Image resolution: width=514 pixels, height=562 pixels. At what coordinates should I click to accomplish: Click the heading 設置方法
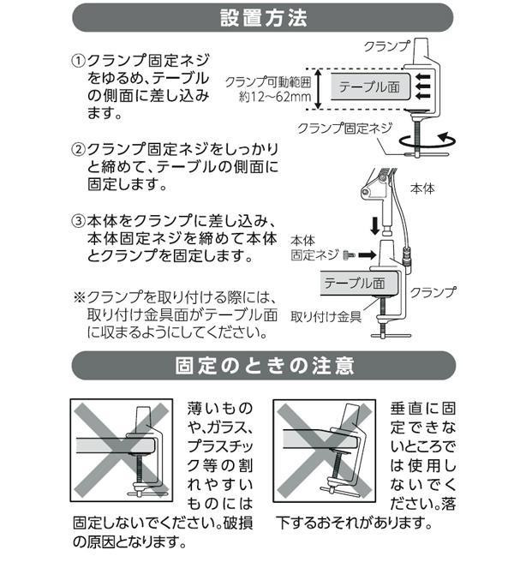[x=264, y=18]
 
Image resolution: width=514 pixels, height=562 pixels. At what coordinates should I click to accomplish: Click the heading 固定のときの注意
[x=265, y=365]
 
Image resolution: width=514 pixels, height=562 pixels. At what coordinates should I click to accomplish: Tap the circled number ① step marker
[x=78, y=60]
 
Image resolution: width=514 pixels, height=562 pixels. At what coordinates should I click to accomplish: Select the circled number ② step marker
[x=78, y=149]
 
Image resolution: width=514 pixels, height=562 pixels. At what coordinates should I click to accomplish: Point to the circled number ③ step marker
[x=78, y=220]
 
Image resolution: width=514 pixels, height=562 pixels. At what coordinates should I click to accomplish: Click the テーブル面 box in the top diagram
[x=370, y=87]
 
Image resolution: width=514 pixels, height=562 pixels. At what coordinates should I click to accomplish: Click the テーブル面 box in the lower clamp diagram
[x=358, y=284]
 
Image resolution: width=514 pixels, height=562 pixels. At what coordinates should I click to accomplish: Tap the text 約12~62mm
[x=275, y=97]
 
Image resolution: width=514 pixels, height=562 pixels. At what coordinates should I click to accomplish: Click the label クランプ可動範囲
[x=268, y=82]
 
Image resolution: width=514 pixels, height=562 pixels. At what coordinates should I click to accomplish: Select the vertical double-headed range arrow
[x=318, y=89]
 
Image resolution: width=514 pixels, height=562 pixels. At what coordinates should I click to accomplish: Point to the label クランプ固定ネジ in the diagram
[x=344, y=128]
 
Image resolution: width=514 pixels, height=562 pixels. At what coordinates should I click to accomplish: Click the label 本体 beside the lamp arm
[x=422, y=188]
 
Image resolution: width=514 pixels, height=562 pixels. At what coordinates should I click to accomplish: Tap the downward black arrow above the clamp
[x=375, y=226]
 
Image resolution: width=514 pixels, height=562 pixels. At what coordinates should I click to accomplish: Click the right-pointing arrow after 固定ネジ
[x=368, y=254]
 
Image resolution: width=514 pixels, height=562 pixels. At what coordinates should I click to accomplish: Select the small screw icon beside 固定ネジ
[x=349, y=254]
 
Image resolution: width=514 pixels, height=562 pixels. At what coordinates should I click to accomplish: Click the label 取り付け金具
[x=326, y=317]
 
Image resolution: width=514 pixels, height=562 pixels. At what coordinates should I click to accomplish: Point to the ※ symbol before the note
[x=80, y=296]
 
